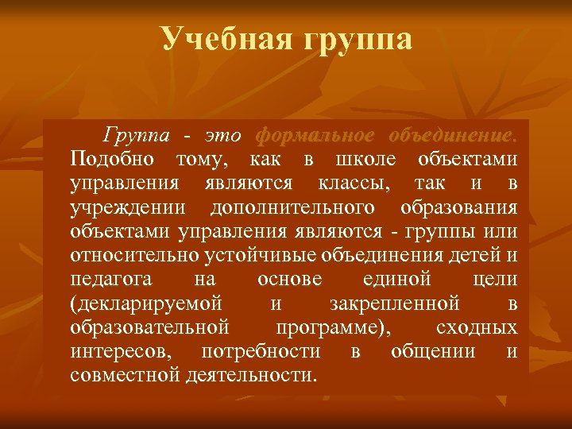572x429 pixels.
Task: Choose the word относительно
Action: click(x=131, y=256)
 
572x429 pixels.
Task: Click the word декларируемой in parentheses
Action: click(x=146, y=303)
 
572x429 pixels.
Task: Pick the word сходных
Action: click(x=476, y=327)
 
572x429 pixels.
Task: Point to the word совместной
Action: click(x=123, y=374)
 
